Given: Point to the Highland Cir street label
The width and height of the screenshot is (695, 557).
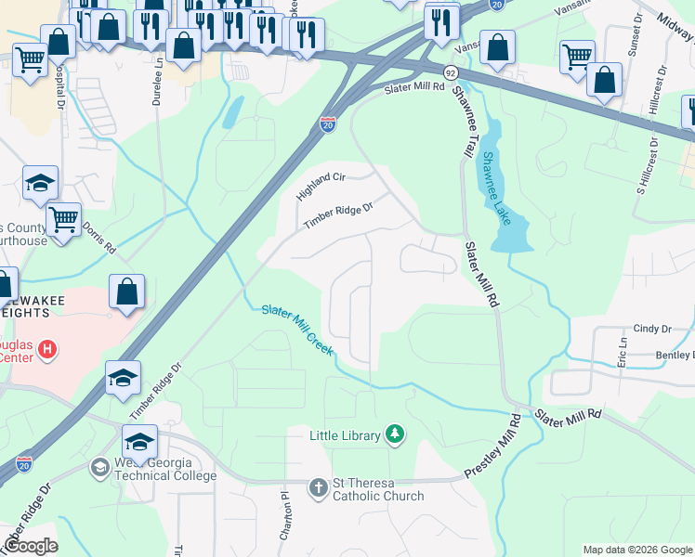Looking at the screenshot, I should pos(321,188).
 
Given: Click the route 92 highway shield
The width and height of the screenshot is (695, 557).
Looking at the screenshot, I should pos(451,71).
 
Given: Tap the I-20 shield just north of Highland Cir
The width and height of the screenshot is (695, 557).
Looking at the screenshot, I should pos(328,123).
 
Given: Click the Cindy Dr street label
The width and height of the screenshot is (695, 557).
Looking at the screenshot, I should pos(652,329).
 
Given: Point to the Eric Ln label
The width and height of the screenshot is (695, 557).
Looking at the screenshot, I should pos(622,352).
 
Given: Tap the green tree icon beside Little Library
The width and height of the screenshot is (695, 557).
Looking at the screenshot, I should pos(396,434).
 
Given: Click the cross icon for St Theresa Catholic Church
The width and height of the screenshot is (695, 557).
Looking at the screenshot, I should pos(318,486).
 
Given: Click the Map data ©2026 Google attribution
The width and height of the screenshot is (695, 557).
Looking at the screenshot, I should pos(637,550).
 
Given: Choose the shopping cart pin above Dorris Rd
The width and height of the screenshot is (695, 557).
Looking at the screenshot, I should pos(63,220).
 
